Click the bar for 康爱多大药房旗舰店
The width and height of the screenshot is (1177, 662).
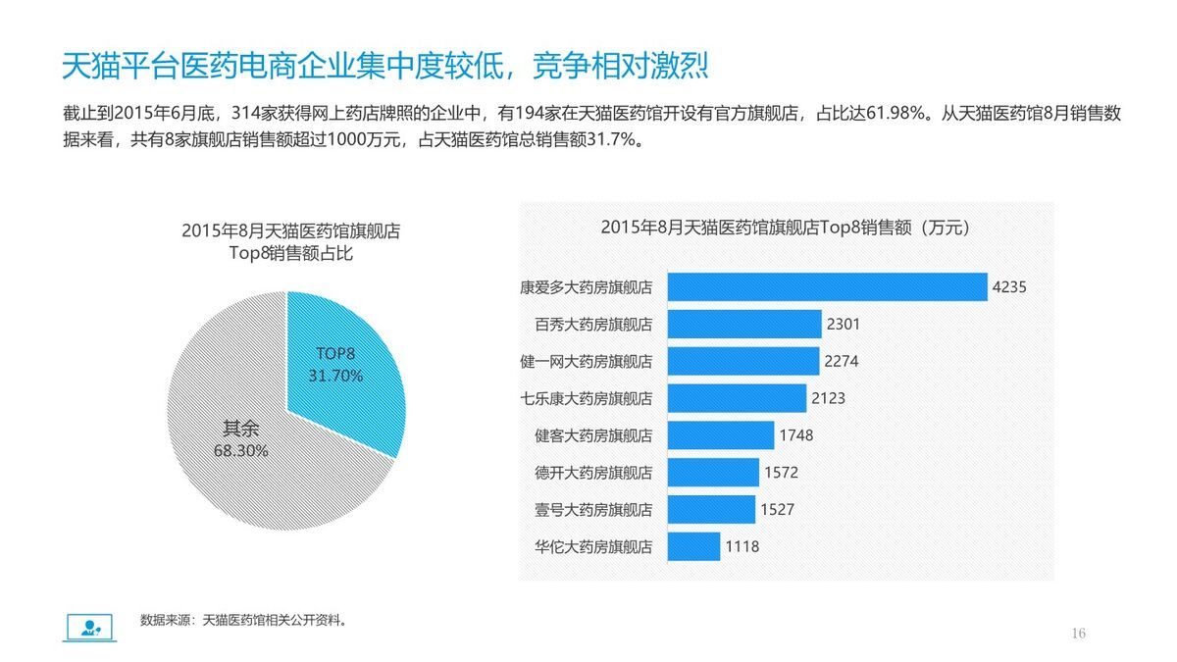point(827,287)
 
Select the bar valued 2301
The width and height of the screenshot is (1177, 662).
point(744,324)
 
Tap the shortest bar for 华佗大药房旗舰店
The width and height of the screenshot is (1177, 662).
point(693,546)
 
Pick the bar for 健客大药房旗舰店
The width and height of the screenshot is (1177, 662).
point(721,434)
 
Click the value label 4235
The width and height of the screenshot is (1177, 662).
point(1009,287)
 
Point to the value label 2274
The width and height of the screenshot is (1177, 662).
point(842,361)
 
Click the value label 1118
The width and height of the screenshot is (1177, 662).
point(742,546)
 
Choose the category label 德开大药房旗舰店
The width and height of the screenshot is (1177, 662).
point(593,473)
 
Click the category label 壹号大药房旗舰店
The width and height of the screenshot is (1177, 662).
point(593,510)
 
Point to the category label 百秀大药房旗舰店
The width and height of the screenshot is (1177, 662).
point(593,324)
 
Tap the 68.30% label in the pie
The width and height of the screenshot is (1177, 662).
point(240,451)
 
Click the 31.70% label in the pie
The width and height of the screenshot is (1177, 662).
point(335,376)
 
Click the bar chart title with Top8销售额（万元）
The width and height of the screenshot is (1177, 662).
point(785,228)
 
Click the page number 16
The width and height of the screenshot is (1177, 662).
point(1079,634)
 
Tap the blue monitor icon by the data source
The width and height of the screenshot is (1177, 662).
point(90,626)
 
